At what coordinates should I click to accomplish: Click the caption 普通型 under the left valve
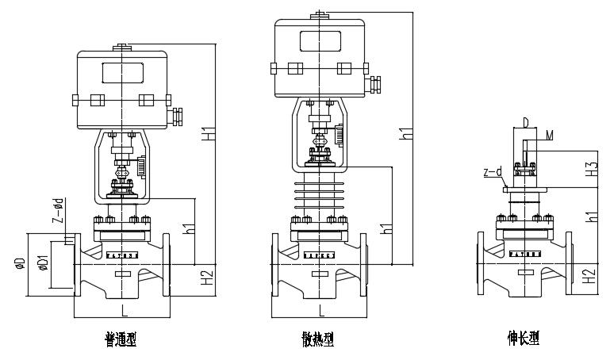tap(121, 339)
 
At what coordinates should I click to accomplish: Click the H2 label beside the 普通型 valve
tap(208, 278)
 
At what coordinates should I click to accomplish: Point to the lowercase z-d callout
tap(492, 170)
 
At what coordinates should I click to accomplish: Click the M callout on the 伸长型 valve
tap(550, 136)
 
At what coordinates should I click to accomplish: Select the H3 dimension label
tap(591, 168)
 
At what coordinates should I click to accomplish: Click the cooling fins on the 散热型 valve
tap(320, 201)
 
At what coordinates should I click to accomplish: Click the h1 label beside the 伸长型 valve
tap(591, 216)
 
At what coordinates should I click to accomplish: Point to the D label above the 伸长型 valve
tap(524, 122)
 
